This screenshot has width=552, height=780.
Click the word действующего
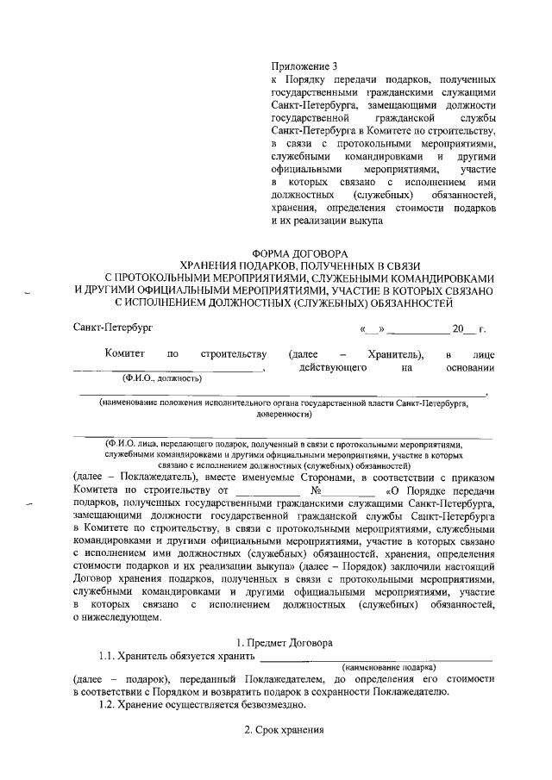pos(328,368)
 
